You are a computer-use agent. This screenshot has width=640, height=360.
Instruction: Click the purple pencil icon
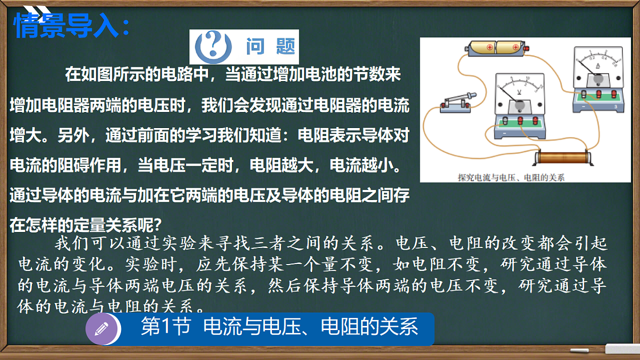pyautogui.click(x=101, y=329)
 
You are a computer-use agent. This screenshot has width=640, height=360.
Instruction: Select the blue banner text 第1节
pyautogui.click(x=165, y=327)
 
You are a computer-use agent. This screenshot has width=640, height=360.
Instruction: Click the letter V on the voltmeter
pyautogui.click(x=519, y=92)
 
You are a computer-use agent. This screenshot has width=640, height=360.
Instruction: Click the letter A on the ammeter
pyautogui.click(x=598, y=66)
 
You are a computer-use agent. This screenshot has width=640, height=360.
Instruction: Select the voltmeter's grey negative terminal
pyautogui.click(x=503, y=123)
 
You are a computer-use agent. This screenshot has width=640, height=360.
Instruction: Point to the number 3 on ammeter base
pyautogui.click(x=615, y=107)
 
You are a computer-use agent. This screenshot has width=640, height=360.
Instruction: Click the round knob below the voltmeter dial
pyautogui.click(x=519, y=107)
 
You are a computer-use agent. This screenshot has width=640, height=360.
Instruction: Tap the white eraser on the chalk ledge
pyautogui.click(x=622, y=349)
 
